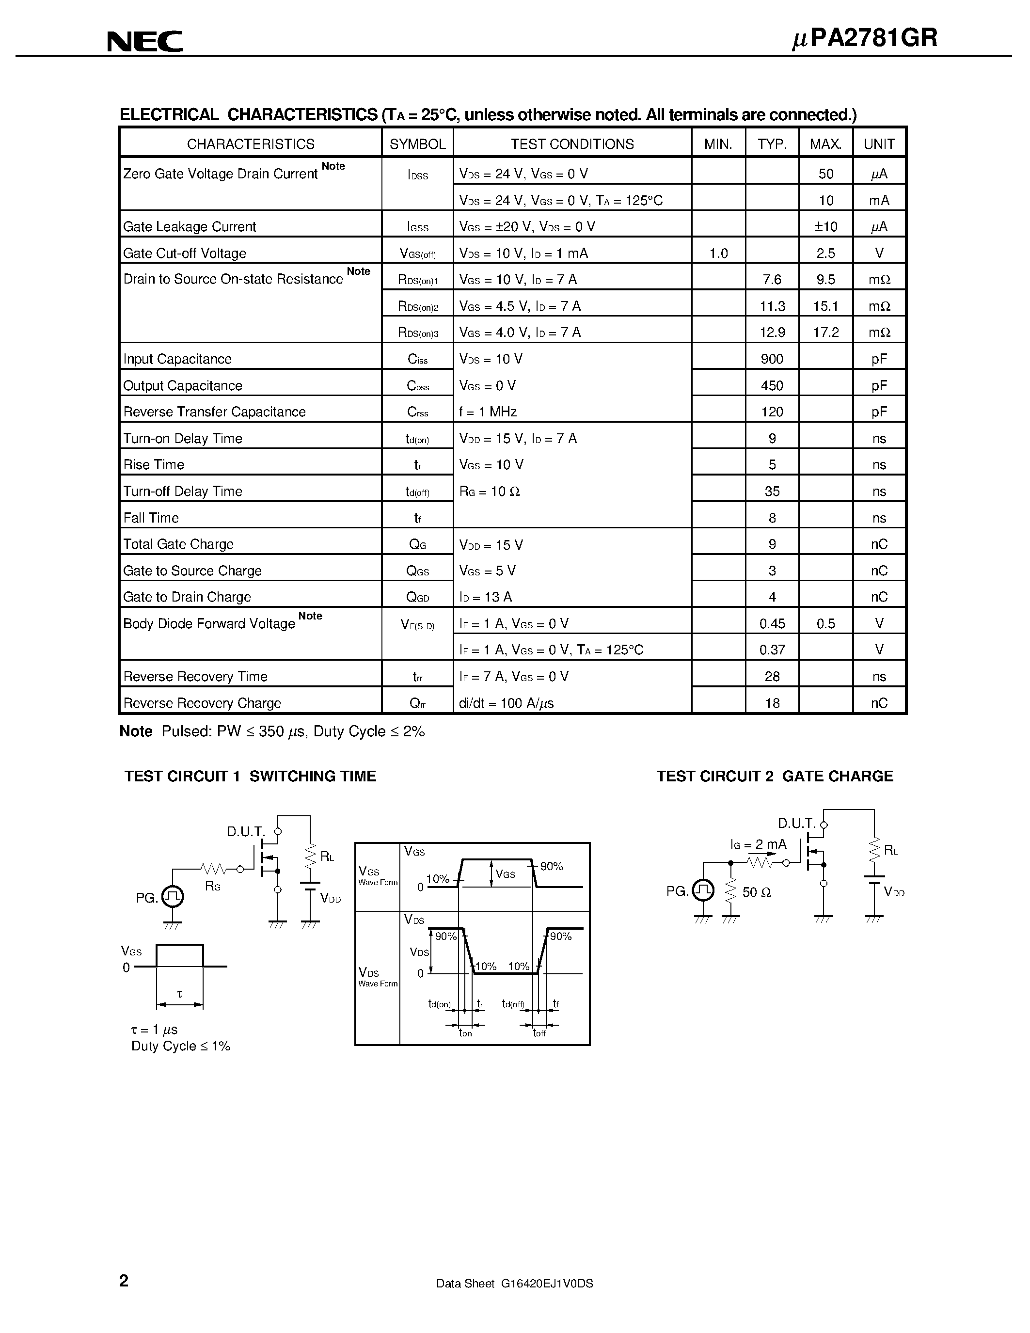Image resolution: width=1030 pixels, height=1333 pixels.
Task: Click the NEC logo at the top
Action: [144, 42]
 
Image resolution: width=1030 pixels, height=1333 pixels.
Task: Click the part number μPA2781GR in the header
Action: [864, 38]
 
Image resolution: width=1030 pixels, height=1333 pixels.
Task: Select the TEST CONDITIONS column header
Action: [572, 144]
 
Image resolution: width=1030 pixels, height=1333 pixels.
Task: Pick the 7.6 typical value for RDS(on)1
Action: [772, 280]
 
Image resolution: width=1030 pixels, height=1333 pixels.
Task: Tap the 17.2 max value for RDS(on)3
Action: [825, 333]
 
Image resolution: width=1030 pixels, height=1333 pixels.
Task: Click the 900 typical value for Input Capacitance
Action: [772, 359]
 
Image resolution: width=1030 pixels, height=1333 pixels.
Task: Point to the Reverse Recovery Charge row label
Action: [202, 703]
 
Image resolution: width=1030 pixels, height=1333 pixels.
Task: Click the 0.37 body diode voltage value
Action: [772, 650]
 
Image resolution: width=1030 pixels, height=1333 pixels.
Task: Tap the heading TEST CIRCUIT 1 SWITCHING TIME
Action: [250, 777]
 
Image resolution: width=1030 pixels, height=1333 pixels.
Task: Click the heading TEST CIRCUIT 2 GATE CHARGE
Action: [775, 777]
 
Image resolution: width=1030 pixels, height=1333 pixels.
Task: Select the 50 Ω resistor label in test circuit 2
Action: [757, 892]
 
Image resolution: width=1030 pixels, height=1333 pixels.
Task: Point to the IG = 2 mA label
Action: [758, 845]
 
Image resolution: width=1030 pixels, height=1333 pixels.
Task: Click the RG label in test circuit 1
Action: [212, 886]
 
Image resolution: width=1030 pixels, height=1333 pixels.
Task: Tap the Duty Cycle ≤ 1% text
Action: [181, 1046]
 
